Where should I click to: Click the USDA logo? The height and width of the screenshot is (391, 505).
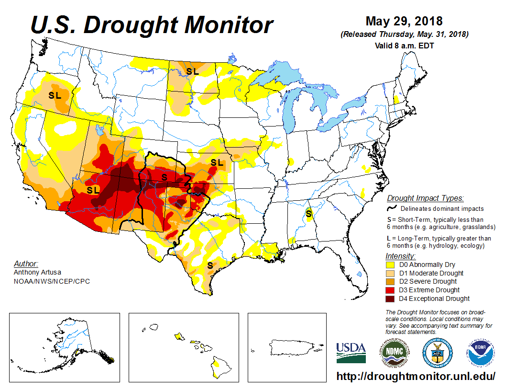click(351, 353)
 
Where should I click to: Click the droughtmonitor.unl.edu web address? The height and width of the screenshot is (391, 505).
click(416, 376)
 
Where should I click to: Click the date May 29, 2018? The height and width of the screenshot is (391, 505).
click(404, 22)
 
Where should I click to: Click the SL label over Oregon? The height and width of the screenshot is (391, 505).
click(55, 95)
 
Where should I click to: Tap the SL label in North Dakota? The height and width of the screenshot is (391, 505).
click(192, 72)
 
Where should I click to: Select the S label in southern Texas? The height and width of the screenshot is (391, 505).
click(210, 265)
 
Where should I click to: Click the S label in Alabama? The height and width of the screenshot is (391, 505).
click(309, 213)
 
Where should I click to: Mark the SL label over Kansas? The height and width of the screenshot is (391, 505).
click(217, 163)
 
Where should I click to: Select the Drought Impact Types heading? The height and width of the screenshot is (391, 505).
click(425, 198)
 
